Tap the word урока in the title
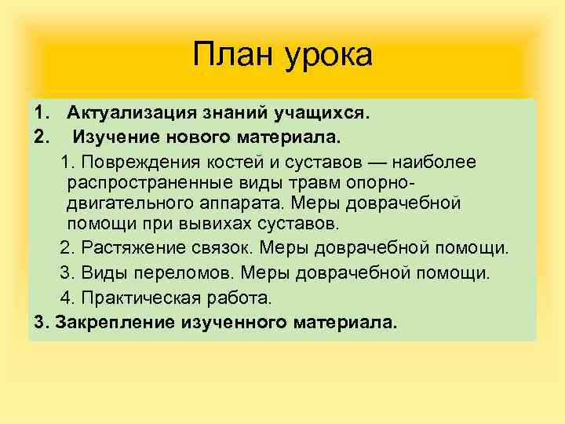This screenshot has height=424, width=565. (330, 57)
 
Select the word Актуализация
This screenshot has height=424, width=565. (129, 115)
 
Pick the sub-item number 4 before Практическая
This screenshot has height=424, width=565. (66, 298)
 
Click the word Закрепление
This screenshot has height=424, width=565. (111, 322)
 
